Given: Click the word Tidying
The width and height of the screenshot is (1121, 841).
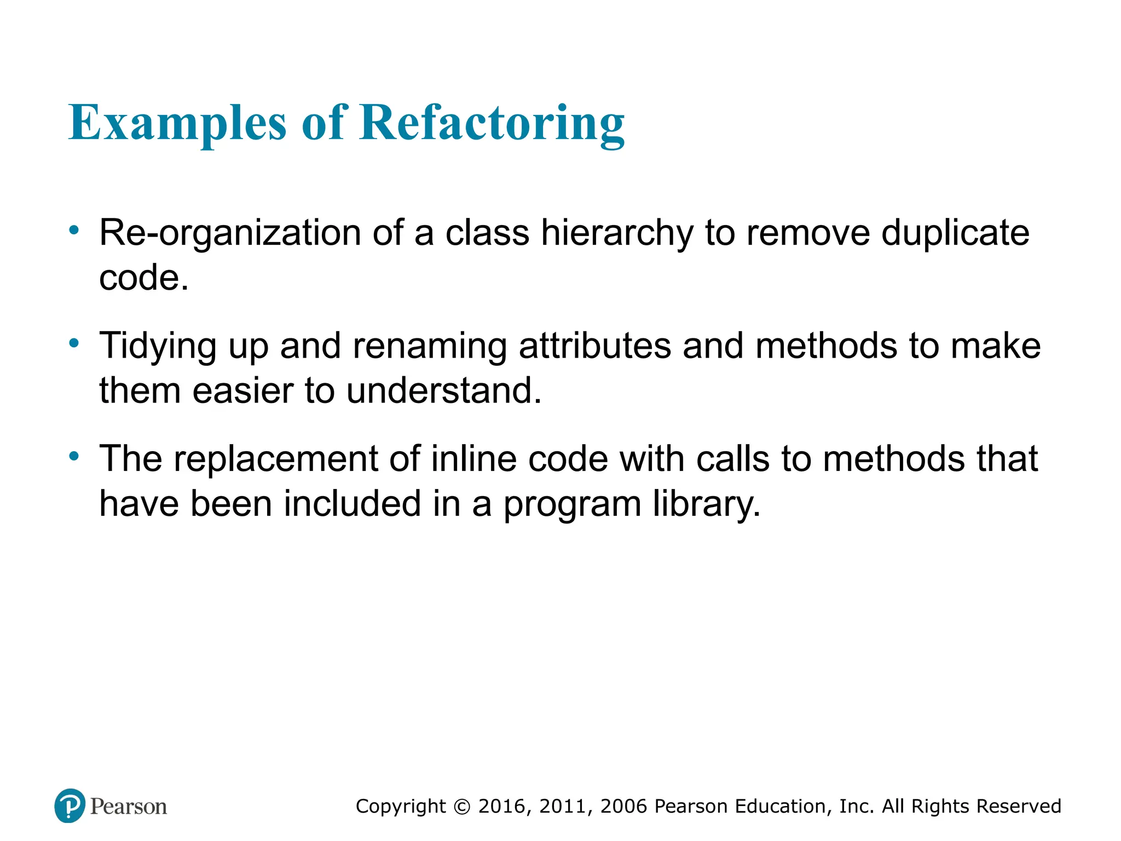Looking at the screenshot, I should tap(158, 347).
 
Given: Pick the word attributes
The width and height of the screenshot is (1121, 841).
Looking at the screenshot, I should tap(594, 347).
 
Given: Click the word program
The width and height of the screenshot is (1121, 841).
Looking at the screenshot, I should tap(572, 504).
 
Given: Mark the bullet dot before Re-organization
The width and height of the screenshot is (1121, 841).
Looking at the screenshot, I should tap(74, 231).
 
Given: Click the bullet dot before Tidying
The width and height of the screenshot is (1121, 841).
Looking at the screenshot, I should tap(74, 344).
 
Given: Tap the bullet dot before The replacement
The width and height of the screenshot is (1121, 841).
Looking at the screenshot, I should tap(74, 456).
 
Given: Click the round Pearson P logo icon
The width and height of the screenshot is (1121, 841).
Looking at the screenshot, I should tap(70, 806).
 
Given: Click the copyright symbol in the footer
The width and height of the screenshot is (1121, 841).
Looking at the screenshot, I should tap(463, 807).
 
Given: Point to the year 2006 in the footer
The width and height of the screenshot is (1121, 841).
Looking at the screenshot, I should tap(624, 807).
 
